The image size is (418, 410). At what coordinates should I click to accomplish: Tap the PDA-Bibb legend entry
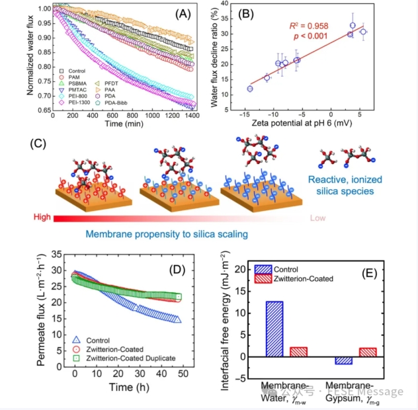point(128,103)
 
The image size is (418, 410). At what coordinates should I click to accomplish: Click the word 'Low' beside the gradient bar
point(318,217)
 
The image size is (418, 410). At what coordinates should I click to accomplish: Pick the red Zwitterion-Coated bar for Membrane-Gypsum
point(368,352)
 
